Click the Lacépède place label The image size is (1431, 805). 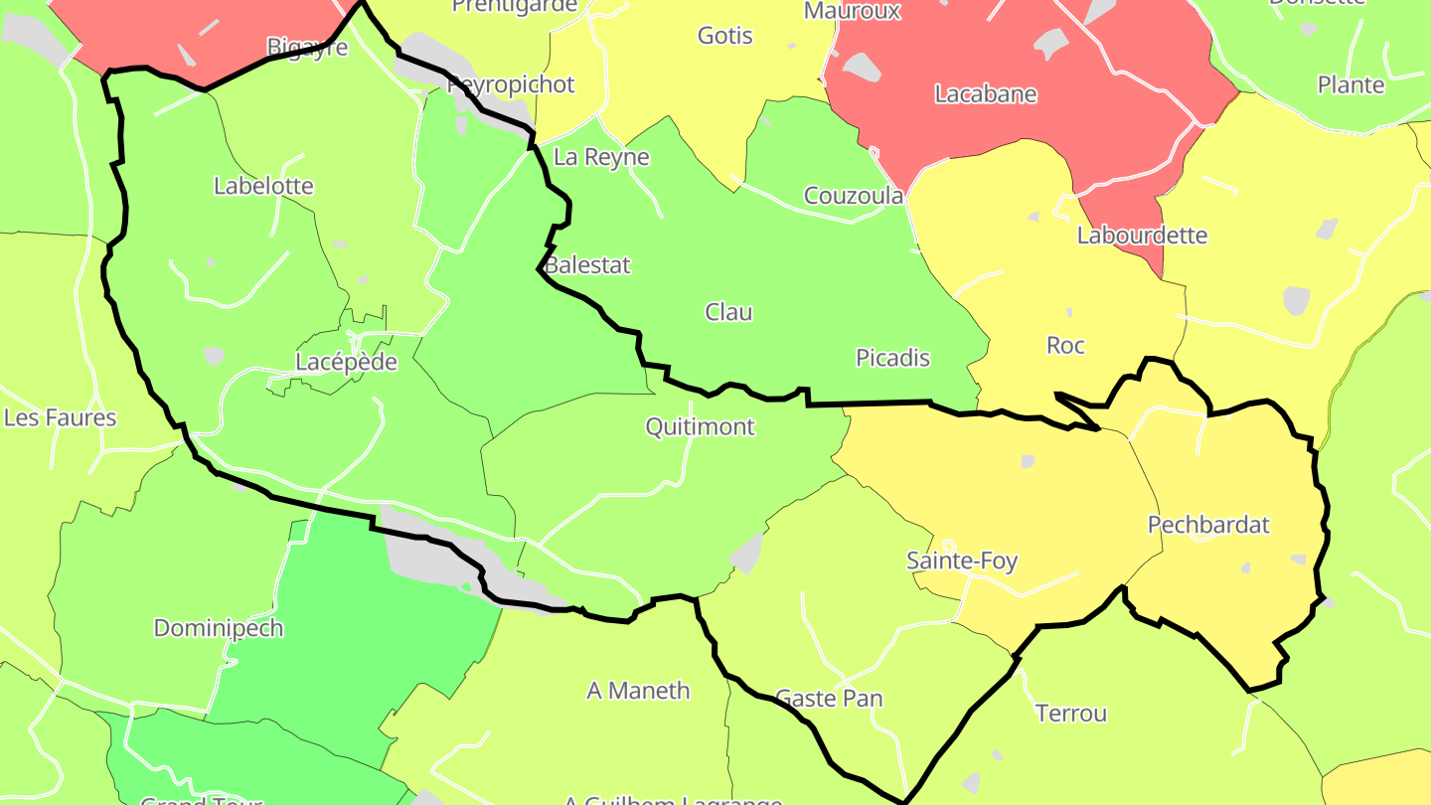(346, 362)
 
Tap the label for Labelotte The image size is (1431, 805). (263, 186)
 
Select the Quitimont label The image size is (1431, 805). (700, 426)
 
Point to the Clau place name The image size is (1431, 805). (728, 312)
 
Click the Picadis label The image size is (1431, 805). (892, 358)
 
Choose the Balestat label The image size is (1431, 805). (587, 265)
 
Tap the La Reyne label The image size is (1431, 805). (601, 157)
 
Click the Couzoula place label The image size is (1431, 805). (854, 196)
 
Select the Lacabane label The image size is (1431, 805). (985, 94)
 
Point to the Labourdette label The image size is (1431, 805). (1142, 236)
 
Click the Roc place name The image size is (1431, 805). (1065, 345)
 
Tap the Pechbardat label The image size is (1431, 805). (1208, 525)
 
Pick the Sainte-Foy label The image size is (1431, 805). (962, 561)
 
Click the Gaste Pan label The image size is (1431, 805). (828, 699)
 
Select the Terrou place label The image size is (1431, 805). (1070, 713)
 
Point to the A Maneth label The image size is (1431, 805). (638, 690)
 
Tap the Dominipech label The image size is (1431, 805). (218, 628)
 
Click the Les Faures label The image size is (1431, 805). (60, 417)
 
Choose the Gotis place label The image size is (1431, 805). (724, 36)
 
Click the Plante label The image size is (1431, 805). (1351, 84)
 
